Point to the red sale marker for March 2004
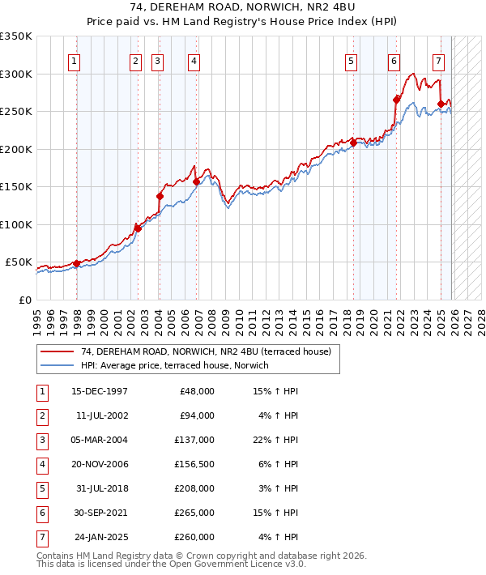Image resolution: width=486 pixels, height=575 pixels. pyautogui.click(x=160, y=196)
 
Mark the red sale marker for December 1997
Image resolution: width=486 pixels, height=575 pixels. pyautogui.click(x=76, y=263)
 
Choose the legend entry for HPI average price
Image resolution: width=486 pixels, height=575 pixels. pyautogui.click(x=174, y=366)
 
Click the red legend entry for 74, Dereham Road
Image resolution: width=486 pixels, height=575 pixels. pyautogui.click(x=206, y=351)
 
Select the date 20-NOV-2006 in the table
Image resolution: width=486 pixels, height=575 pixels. pyautogui.click(x=100, y=464)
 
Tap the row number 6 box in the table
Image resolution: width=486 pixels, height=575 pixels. pyautogui.click(x=40, y=513)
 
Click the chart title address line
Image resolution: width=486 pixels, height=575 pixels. pyautogui.click(x=242, y=6)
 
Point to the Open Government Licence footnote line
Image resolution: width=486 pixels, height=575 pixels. pyautogui.click(x=172, y=564)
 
